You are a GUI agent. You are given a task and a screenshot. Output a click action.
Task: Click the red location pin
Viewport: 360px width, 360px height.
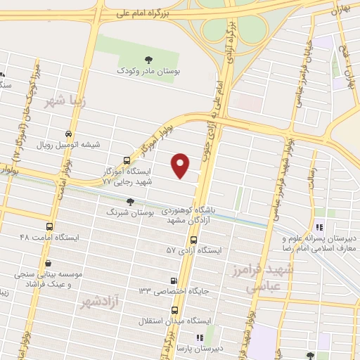[x=181, y=165]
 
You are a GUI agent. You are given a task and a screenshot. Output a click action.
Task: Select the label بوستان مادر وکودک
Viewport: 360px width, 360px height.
[x=148, y=72]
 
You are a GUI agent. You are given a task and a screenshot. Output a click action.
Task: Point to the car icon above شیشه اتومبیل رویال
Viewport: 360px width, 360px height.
[x=67, y=134]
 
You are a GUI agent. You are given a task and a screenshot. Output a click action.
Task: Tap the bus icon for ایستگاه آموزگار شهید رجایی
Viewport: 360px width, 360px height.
[x=127, y=160]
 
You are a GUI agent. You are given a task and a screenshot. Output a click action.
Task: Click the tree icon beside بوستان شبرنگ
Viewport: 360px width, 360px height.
[x=129, y=201]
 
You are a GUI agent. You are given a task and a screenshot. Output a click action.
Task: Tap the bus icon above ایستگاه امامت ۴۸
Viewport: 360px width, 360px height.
[x=49, y=227]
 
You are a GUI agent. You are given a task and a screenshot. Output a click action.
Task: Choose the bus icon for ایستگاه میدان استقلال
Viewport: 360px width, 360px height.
[x=174, y=310]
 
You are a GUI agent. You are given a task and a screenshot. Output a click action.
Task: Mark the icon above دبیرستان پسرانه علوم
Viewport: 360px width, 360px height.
[x=319, y=227]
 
